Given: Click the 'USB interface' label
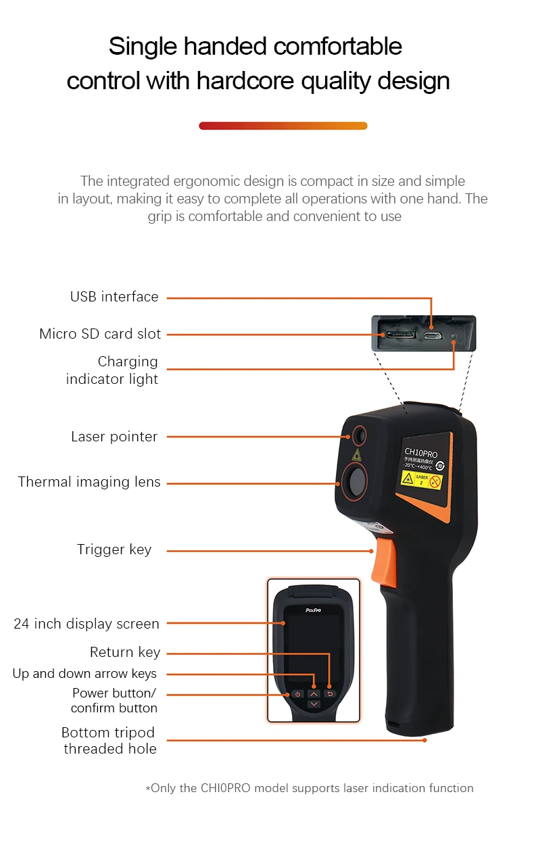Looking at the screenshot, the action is click(114, 297).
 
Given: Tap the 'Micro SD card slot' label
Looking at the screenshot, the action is click(100, 334).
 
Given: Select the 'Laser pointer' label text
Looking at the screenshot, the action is click(114, 437).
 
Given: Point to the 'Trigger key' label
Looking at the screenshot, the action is click(114, 549).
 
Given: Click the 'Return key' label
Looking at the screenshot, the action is click(125, 652).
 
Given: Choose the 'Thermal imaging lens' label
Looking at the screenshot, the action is click(89, 482).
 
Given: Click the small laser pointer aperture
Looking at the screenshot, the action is click(358, 436).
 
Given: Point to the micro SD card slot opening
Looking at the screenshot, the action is click(399, 335).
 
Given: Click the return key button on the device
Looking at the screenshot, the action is click(330, 693).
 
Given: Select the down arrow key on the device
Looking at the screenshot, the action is click(314, 704).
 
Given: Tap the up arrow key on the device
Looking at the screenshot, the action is click(314, 693).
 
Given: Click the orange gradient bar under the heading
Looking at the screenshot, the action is click(283, 126).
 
